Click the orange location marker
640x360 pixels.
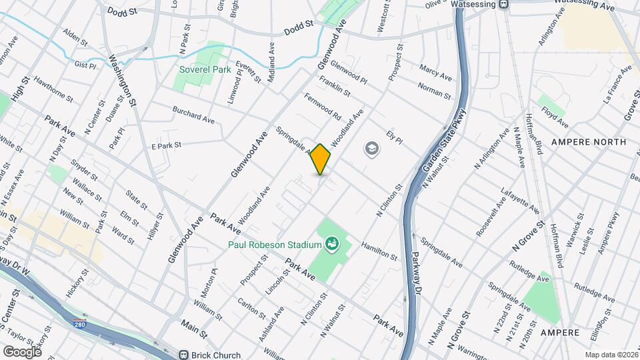click(321, 159)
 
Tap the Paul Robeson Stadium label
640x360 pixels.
click(275, 245)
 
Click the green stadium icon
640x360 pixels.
click(332, 245)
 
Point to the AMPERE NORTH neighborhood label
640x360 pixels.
click(589, 142)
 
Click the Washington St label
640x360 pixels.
click(123, 81)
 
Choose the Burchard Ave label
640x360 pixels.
click(193, 114)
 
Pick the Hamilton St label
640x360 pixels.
click(379, 251)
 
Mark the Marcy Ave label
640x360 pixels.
click(435, 73)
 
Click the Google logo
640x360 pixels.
click(22, 351)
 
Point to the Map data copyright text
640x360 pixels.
click(611, 355)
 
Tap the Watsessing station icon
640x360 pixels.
click(504, 4)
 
